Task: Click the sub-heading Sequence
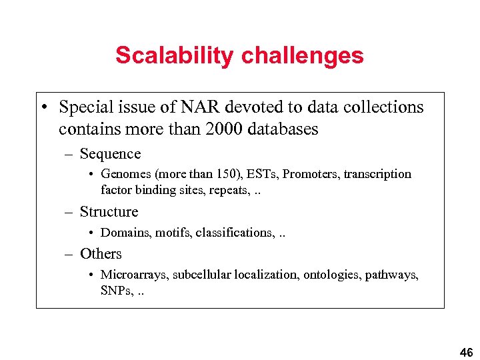tap(110, 154)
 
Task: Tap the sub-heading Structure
tap(109, 212)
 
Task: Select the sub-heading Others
tap(101, 254)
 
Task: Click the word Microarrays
tap(133, 275)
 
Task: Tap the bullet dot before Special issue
tap(43, 108)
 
